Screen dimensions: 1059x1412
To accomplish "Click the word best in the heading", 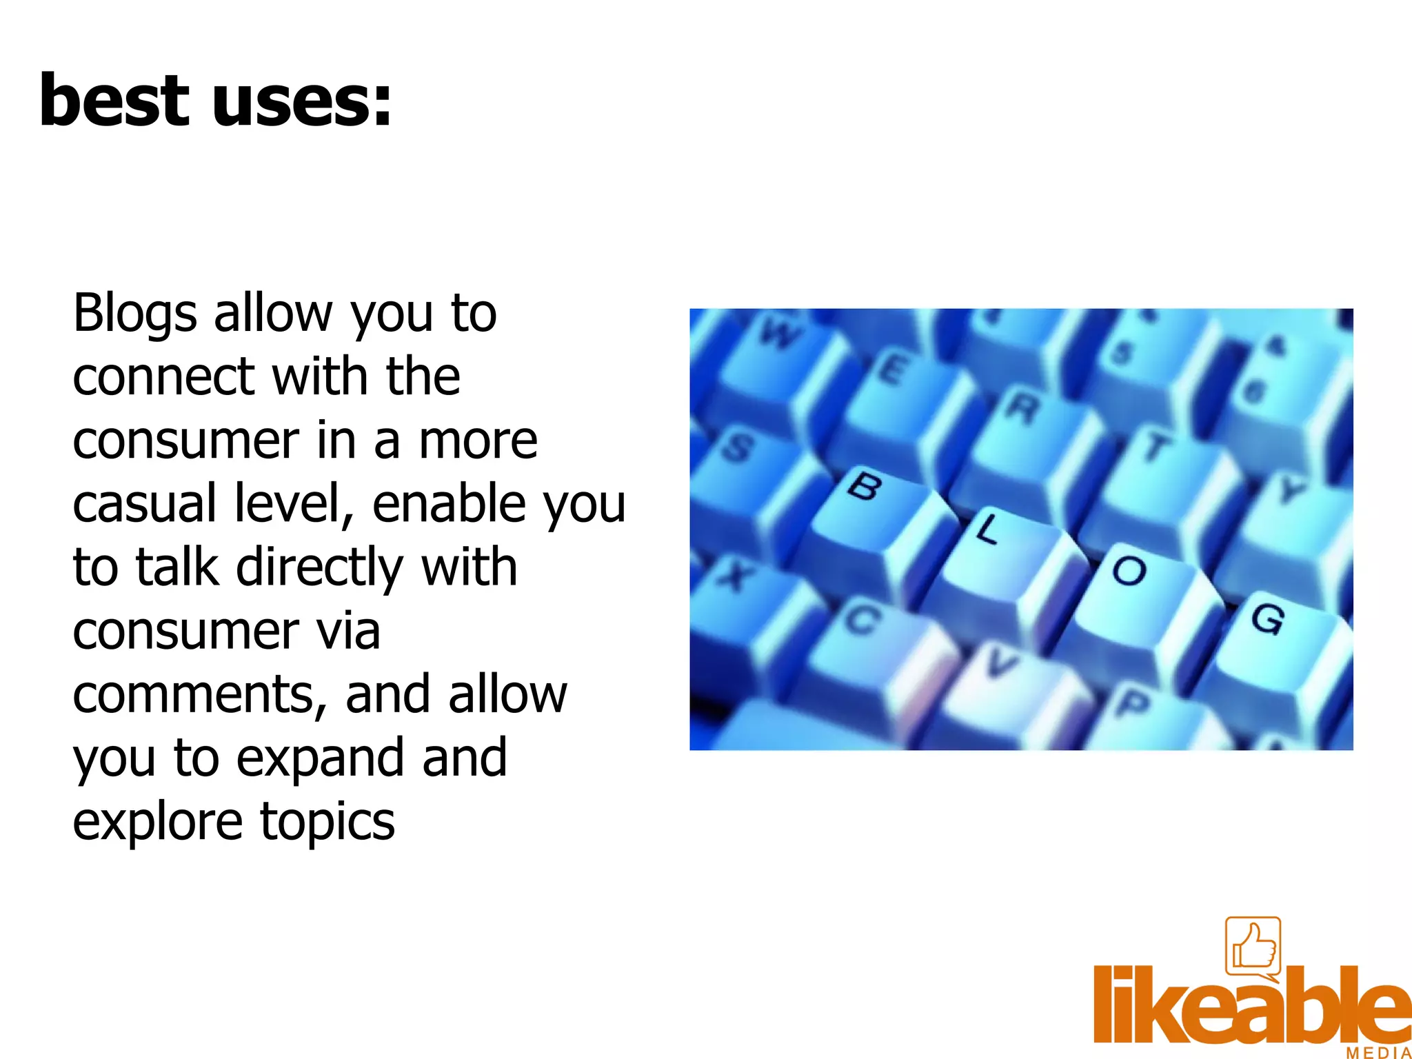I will click(114, 101).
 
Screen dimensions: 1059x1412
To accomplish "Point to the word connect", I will click(163, 376).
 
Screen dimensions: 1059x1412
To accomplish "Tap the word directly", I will click(319, 568).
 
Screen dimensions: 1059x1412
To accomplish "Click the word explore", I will click(158, 822).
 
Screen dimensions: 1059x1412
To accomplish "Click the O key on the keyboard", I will click(1129, 571).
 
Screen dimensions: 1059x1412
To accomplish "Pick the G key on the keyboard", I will click(1267, 618).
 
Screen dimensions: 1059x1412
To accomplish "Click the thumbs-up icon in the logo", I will click(1253, 947).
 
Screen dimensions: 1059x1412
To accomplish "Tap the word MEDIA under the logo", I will click(1378, 1053).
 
